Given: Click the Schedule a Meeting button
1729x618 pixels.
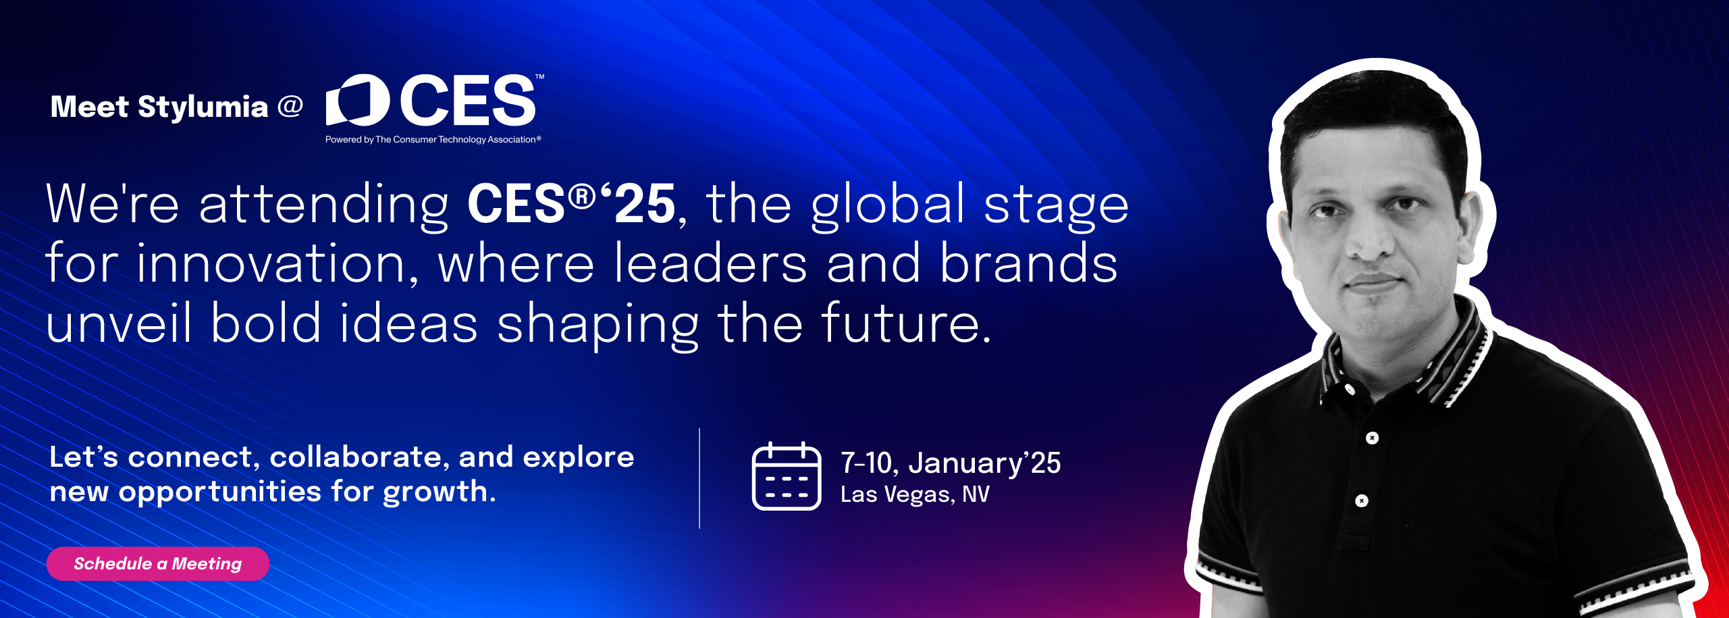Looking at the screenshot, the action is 158,563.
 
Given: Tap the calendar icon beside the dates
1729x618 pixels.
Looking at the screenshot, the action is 787,476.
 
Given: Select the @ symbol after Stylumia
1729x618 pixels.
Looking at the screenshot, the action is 290,106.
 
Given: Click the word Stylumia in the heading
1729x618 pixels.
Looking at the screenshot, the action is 203,107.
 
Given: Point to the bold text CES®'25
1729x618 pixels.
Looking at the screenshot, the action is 571,204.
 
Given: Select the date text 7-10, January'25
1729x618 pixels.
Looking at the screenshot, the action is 951,463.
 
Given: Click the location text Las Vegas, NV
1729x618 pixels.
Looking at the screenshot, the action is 915,494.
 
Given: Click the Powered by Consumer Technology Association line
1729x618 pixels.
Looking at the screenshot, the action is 433,140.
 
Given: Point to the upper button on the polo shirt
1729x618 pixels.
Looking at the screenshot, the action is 1372,438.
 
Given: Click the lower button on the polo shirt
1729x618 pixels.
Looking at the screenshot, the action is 1362,500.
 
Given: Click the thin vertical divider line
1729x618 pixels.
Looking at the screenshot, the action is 699,478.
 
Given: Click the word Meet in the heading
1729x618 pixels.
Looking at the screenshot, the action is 90,107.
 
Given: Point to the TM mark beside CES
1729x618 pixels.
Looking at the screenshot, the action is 539,77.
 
